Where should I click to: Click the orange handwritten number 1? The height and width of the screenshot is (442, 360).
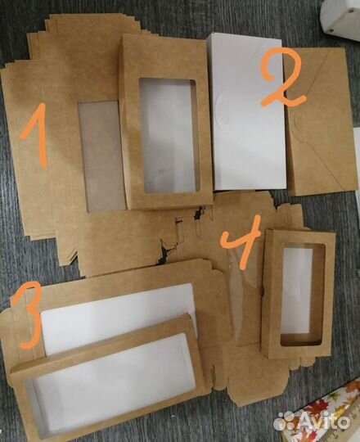click(34, 137)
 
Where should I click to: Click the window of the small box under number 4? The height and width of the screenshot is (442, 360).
click(302, 294)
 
